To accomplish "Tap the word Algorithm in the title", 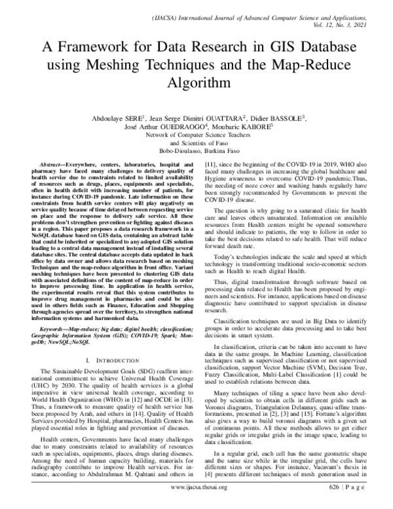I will [196, 84].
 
